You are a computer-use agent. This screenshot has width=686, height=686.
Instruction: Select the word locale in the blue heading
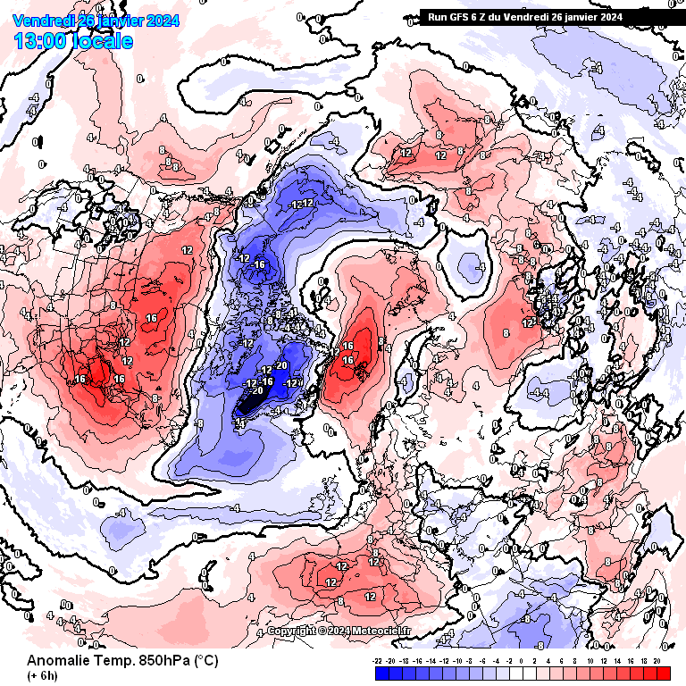[105, 41]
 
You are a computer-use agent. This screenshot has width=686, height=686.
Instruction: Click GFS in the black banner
[457, 16]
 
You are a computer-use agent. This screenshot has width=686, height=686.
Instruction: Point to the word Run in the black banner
[437, 16]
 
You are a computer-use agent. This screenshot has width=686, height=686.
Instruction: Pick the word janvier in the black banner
[576, 16]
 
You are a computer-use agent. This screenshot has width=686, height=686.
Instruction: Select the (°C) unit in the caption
[205, 661]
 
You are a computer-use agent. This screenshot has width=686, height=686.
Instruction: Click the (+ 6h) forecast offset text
[43, 676]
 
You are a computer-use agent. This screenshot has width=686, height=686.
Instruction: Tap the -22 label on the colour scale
[378, 661]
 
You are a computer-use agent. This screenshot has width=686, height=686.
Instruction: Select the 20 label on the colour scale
[657, 661]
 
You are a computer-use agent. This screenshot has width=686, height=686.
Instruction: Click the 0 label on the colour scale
[522, 661]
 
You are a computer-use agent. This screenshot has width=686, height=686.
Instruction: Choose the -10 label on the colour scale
[457, 661]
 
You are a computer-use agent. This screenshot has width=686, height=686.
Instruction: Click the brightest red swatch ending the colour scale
[662, 673]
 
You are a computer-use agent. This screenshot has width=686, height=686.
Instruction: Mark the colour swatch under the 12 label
[605, 673]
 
